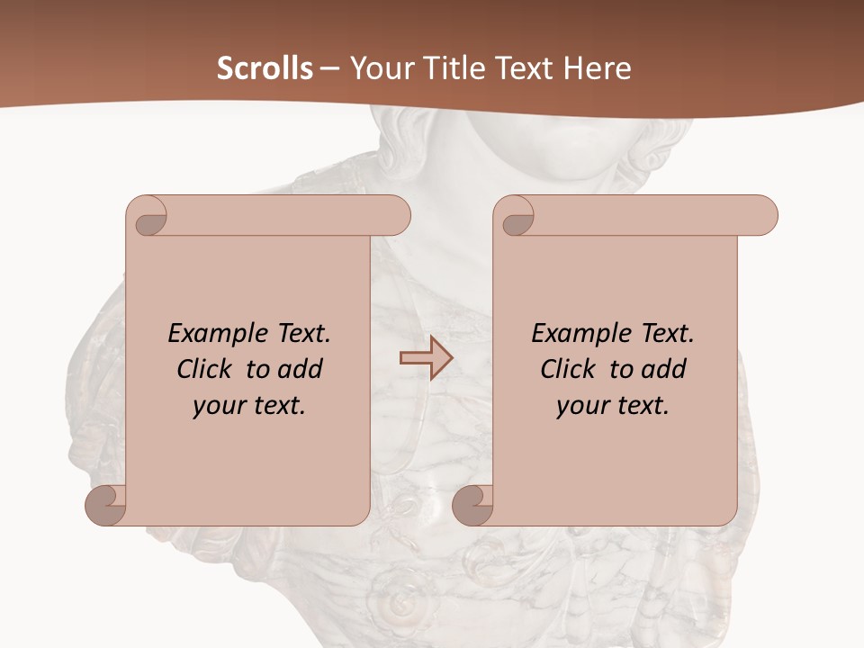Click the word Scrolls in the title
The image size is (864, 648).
[265, 68]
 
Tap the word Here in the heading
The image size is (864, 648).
[598, 68]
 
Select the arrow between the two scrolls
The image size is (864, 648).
[426, 358]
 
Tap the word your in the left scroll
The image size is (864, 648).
[218, 406]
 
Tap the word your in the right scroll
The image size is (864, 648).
[581, 406]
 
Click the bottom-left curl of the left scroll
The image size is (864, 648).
[106, 506]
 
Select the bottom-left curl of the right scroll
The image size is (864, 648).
[473, 506]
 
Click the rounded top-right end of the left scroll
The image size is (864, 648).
[396, 216]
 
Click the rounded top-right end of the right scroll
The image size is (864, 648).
[763, 216]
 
